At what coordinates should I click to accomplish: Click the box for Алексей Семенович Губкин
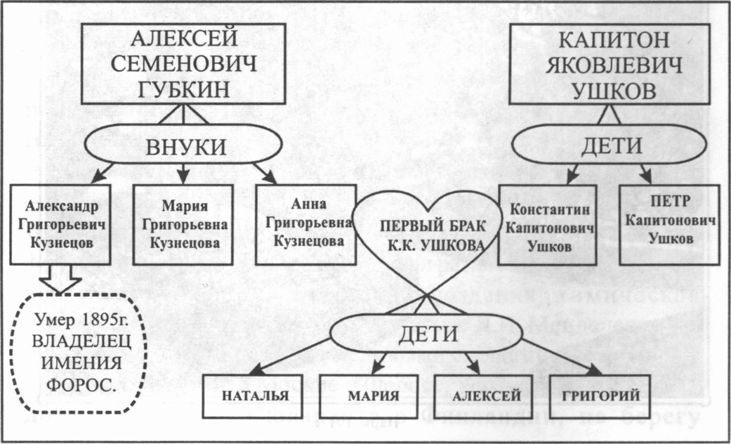click(x=183, y=64)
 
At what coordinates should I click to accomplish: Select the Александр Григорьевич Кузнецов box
click(x=60, y=225)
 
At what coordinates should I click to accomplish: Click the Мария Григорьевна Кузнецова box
click(x=183, y=225)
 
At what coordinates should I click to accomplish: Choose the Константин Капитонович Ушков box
click(x=547, y=225)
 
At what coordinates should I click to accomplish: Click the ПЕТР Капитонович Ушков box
click(x=669, y=225)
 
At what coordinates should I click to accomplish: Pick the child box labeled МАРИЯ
click(x=369, y=396)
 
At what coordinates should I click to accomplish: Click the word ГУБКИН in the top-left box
click(x=183, y=91)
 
